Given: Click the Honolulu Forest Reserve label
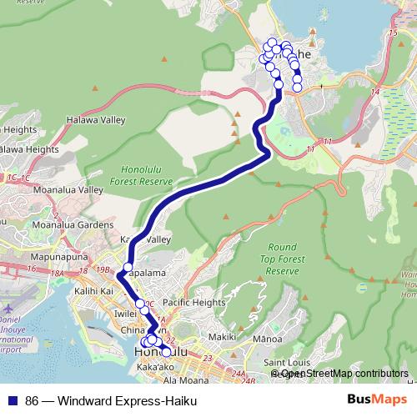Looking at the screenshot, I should (x=140, y=173).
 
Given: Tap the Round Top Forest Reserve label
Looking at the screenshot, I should (x=283, y=259).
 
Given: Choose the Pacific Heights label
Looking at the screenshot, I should (x=193, y=302).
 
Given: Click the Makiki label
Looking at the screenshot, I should (x=222, y=337).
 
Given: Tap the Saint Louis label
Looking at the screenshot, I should (x=287, y=363).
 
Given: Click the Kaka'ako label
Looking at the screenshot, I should (x=153, y=367).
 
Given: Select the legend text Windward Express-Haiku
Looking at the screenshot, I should (x=111, y=399).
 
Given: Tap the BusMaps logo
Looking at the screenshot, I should (x=377, y=399).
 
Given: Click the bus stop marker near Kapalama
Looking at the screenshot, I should (x=128, y=268).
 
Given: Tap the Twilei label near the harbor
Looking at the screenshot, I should (x=125, y=314).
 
